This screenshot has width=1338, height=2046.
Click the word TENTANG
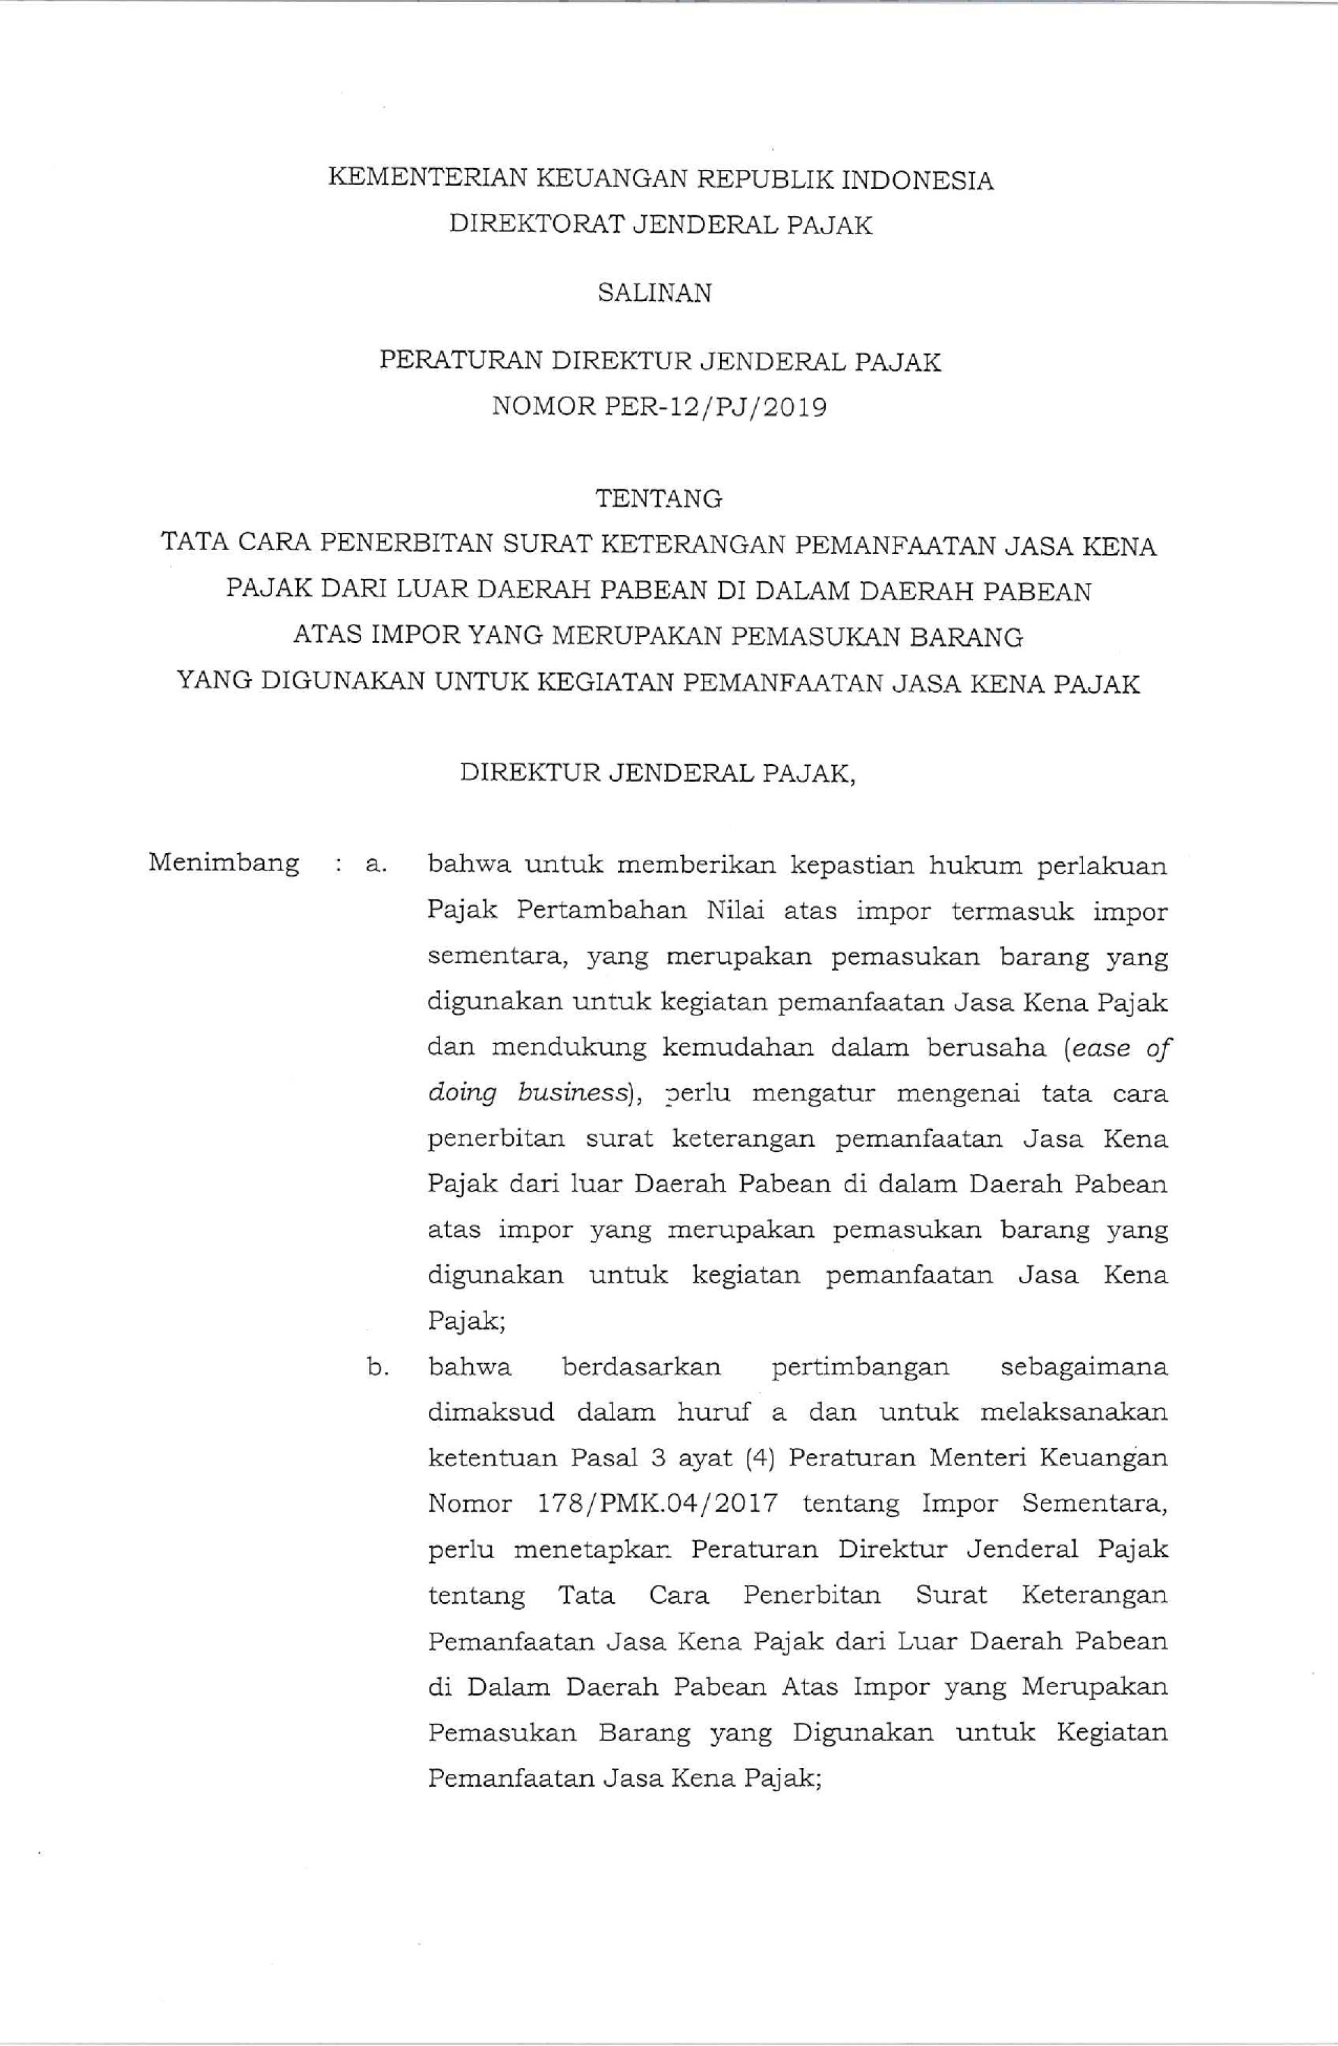tap(659, 498)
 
